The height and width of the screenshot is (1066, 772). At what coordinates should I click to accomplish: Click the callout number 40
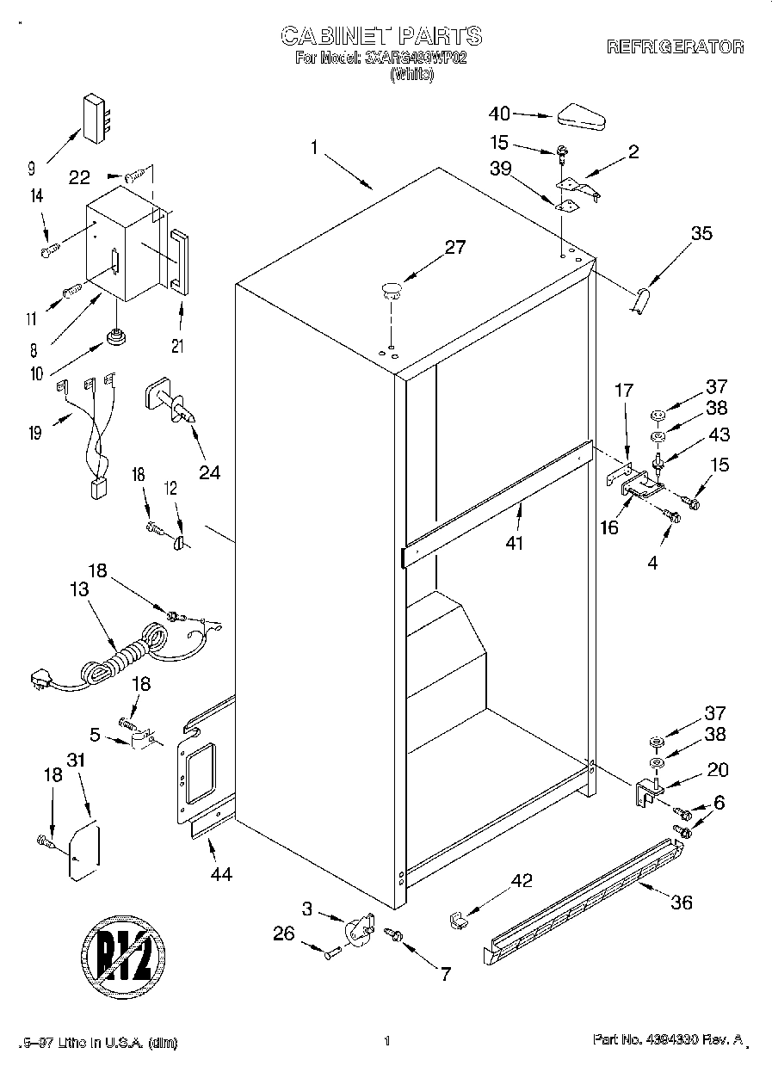(x=499, y=113)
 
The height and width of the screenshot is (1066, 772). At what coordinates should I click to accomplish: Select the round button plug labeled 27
(x=392, y=289)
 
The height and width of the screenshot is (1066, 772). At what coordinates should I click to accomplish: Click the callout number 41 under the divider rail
(x=516, y=542)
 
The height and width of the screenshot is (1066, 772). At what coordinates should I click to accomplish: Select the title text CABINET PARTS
(x=382, y=35)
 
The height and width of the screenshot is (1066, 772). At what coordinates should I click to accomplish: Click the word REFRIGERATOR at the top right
(x=676, y=47)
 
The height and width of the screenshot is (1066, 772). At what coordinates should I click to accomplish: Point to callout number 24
(x=209, y=471)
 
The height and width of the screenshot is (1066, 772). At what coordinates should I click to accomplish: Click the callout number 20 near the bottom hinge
(x=716, y=770)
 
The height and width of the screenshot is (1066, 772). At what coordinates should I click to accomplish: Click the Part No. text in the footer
(x=669, y=1040)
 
